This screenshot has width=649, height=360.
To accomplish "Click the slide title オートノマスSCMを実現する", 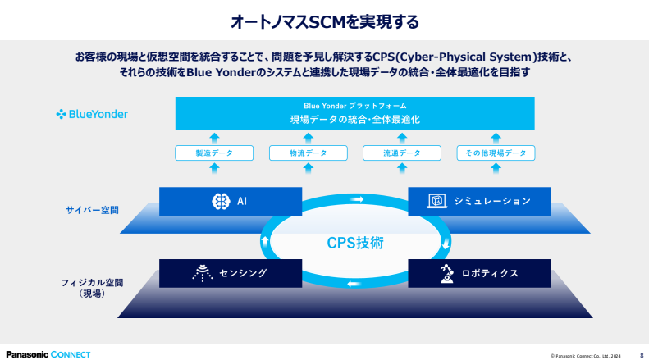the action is [x=325, y=21].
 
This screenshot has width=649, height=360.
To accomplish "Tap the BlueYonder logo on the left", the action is [x=92, y=114].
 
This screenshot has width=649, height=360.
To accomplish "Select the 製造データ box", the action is [x=214, y=153].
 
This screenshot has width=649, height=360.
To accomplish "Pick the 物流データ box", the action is [x=308, y=153].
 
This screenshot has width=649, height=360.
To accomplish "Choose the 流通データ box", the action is [x=402, y=153].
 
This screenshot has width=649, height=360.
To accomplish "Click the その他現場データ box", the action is [x=496, y=153].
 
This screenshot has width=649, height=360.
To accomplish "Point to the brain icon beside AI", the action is [x=221, y=201].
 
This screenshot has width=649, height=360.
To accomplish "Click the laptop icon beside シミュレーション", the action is [x=437, y=201].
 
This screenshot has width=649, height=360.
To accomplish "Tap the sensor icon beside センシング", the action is [x=203, y=273].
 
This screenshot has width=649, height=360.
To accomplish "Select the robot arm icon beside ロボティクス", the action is [x=446, y=273].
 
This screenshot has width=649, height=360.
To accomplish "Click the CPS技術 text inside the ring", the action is [x=355, y=243].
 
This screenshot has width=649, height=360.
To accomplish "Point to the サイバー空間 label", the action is [x=92, y=210].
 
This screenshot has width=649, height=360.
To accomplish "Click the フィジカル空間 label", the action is [x=92, y=283].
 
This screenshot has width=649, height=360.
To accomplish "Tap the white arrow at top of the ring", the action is [x=356, y=199].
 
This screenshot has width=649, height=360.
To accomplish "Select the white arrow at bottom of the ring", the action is [x=354, y=284].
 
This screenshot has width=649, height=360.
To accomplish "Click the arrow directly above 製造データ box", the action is [x=214, y=138].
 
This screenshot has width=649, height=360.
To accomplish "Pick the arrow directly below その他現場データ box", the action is [x=496, y=168].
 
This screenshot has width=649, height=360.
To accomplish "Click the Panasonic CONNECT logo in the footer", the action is [x=48, y=354].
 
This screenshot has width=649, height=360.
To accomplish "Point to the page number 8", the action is [x=642, y=355].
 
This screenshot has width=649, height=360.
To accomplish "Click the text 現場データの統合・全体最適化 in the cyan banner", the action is [x=355, y=120].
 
